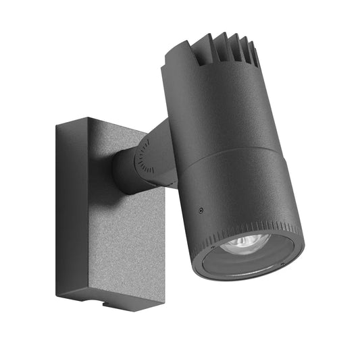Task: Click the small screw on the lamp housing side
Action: coord(201,211)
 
